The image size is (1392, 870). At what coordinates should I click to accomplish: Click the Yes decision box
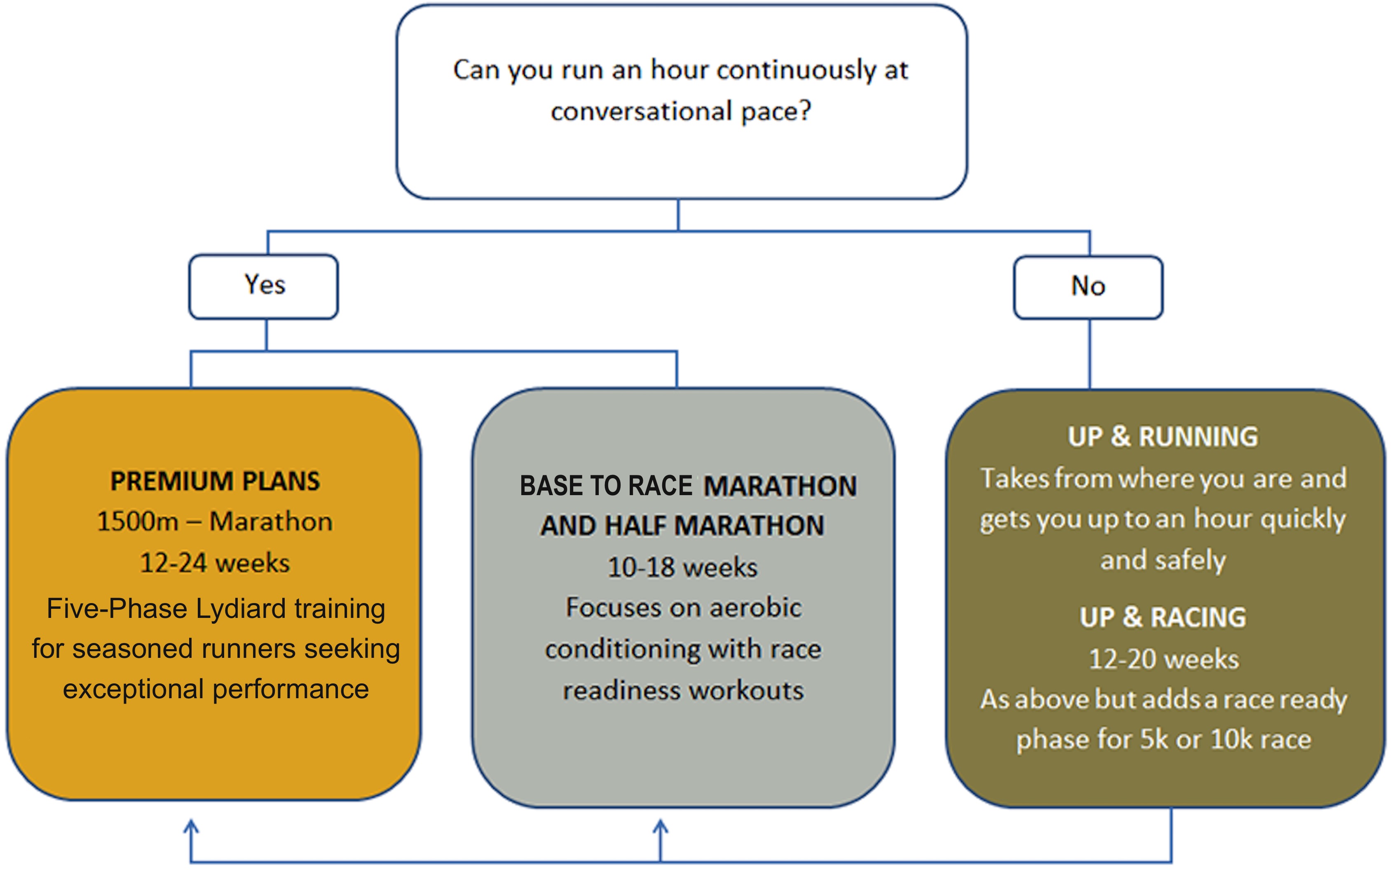(264, 287)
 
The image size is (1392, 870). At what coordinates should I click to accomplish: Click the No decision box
(1088, 287)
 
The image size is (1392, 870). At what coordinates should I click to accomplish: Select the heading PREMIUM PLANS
(215, 481)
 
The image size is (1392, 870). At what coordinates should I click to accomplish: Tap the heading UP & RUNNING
(1163, 437)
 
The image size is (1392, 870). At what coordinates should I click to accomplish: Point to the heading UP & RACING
(1163, 617)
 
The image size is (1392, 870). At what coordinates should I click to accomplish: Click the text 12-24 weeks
(215, 563)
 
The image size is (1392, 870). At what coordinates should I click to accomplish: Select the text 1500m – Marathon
(215, 522)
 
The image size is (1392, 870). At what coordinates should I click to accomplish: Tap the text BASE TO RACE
(606, 486)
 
